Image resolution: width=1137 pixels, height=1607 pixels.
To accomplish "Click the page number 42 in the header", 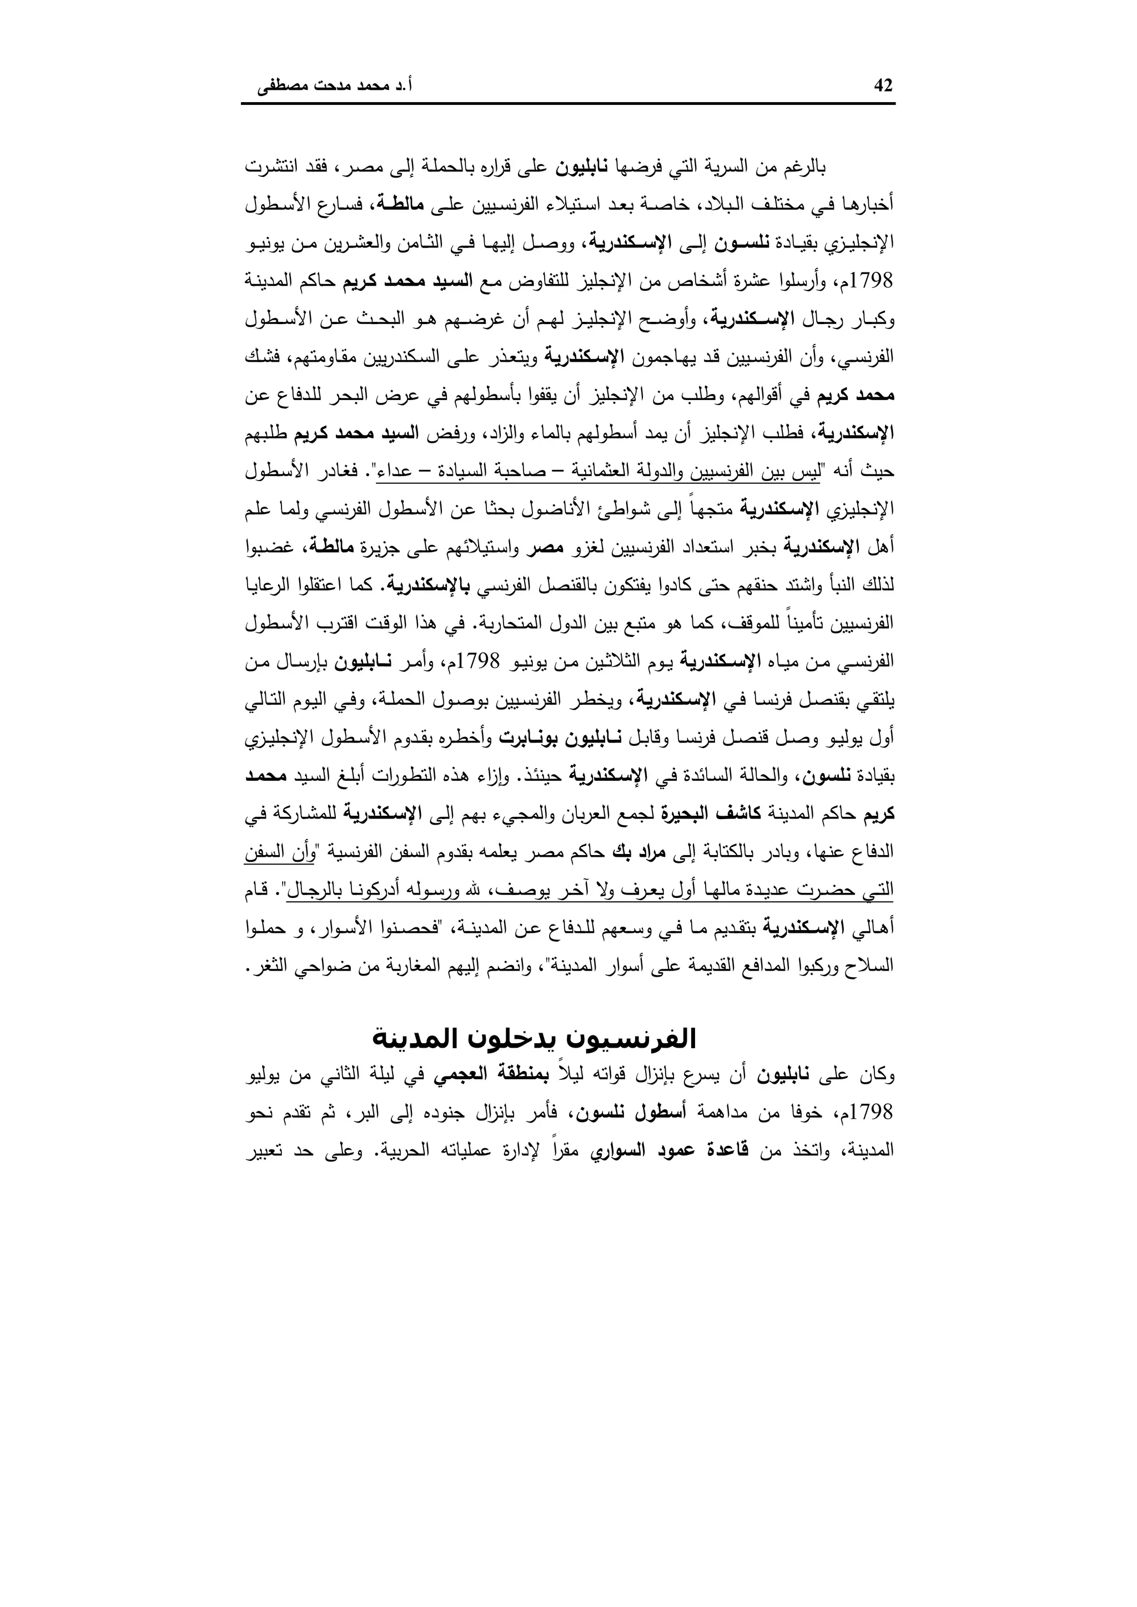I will [x=883, y=85].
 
